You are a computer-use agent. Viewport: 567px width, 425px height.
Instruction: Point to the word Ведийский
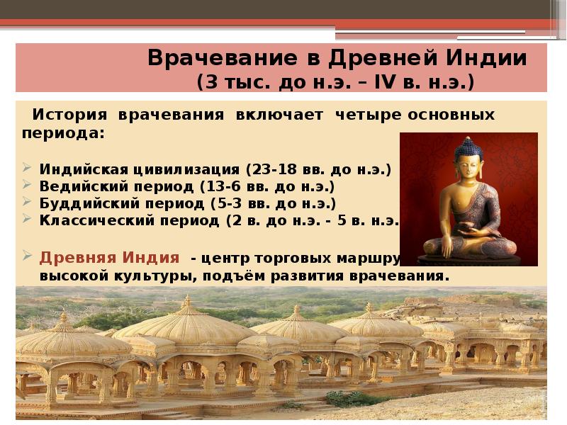point(74,187)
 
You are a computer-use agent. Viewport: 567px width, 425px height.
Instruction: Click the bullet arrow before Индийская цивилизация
point(26,171)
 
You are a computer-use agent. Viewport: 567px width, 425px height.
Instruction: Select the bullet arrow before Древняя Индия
point(26,256)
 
